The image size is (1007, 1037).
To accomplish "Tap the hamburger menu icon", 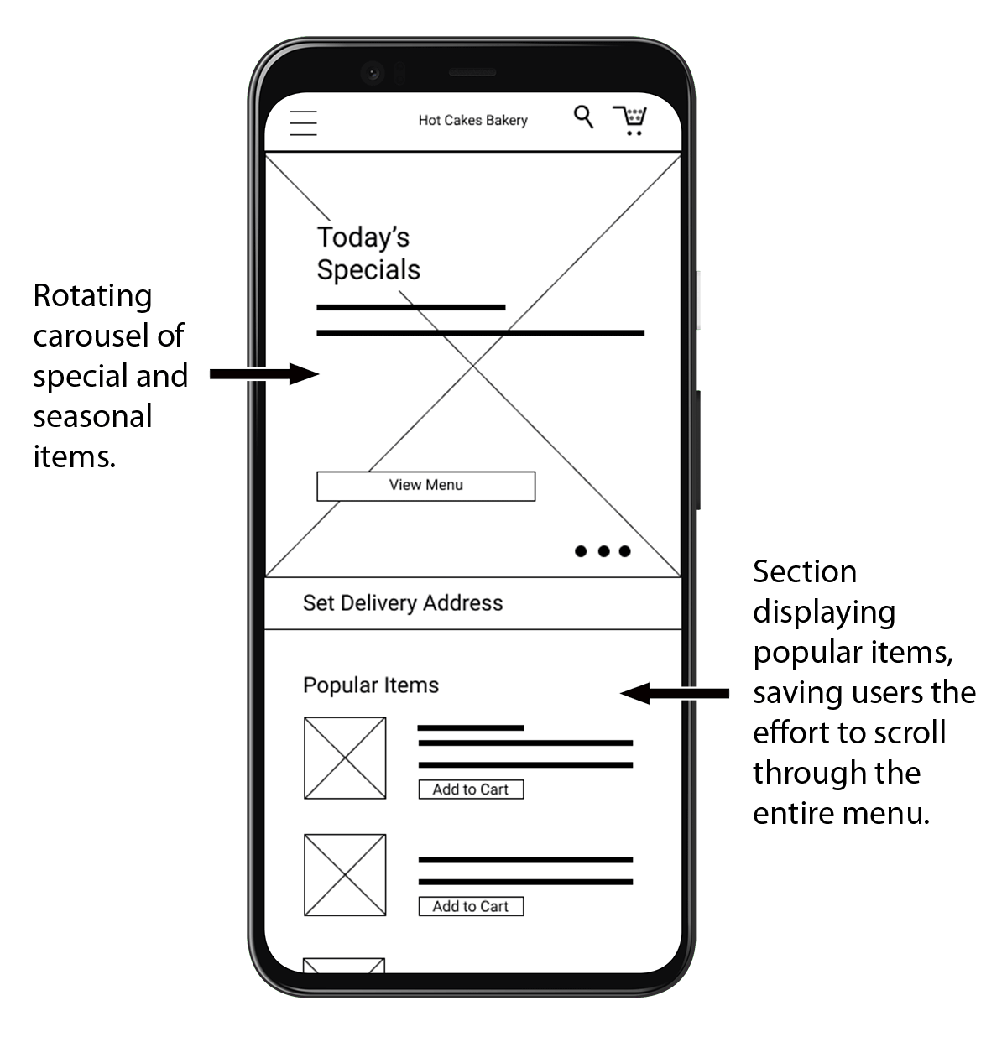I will (x=303, y=122).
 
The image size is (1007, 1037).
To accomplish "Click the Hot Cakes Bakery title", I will (x=472, y=121).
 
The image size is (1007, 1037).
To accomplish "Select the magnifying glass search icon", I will (x=583, y=117).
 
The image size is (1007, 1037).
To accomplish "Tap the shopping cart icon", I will (x=630, y=120).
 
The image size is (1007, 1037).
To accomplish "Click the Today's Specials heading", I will (x=368, y=253).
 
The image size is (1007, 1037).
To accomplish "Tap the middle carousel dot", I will (x=603, y=551).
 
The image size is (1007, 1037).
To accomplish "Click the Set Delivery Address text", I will (x=403, y=603).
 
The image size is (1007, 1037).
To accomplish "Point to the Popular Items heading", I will (x=370, y=685).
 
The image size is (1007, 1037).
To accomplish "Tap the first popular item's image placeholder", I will (x=345, y=758).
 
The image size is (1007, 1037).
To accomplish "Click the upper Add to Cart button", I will (x=471, y=789).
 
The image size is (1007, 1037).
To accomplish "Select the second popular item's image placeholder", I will (x=345, y=875).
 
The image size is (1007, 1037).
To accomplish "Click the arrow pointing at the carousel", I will (x=263, y=374).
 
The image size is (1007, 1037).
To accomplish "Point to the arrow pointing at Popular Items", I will (x=675, y=694).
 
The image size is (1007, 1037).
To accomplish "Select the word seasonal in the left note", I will (x=92, y=417).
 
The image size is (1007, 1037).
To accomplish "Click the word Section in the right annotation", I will (x=804, y=572).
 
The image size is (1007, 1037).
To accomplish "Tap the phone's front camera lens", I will (x=372, y=72).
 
